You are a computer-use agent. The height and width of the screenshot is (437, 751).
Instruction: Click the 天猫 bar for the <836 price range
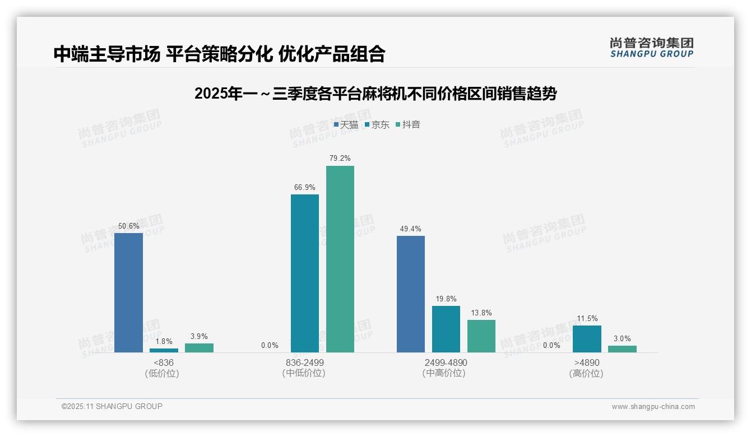point(128,292)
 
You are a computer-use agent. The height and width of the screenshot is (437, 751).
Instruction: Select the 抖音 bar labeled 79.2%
point(340,259)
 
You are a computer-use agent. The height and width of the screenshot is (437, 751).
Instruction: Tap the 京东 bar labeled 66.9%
point(305,273)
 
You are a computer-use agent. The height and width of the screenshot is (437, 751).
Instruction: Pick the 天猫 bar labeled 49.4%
point(411,294)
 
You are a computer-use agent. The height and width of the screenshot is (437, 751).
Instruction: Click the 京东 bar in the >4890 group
point(587,339)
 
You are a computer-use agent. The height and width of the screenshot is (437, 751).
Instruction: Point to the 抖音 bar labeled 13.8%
point(481,336)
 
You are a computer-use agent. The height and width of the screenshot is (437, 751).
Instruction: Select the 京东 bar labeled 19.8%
point(446,329)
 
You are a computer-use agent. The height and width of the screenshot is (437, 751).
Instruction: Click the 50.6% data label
point(128,226)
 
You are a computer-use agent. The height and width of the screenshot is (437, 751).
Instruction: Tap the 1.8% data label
point(164,341)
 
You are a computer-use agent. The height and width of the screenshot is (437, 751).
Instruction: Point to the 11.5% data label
point(587,319)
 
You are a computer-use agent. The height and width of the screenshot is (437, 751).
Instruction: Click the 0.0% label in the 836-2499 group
point(270,345)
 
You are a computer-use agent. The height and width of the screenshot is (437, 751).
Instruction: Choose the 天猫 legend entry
point(346,125)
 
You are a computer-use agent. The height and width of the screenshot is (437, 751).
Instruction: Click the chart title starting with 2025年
point(375,94)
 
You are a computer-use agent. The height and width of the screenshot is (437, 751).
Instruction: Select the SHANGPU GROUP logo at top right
point(652,48)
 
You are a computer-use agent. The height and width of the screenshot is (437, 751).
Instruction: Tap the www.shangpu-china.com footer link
point(653,407)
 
